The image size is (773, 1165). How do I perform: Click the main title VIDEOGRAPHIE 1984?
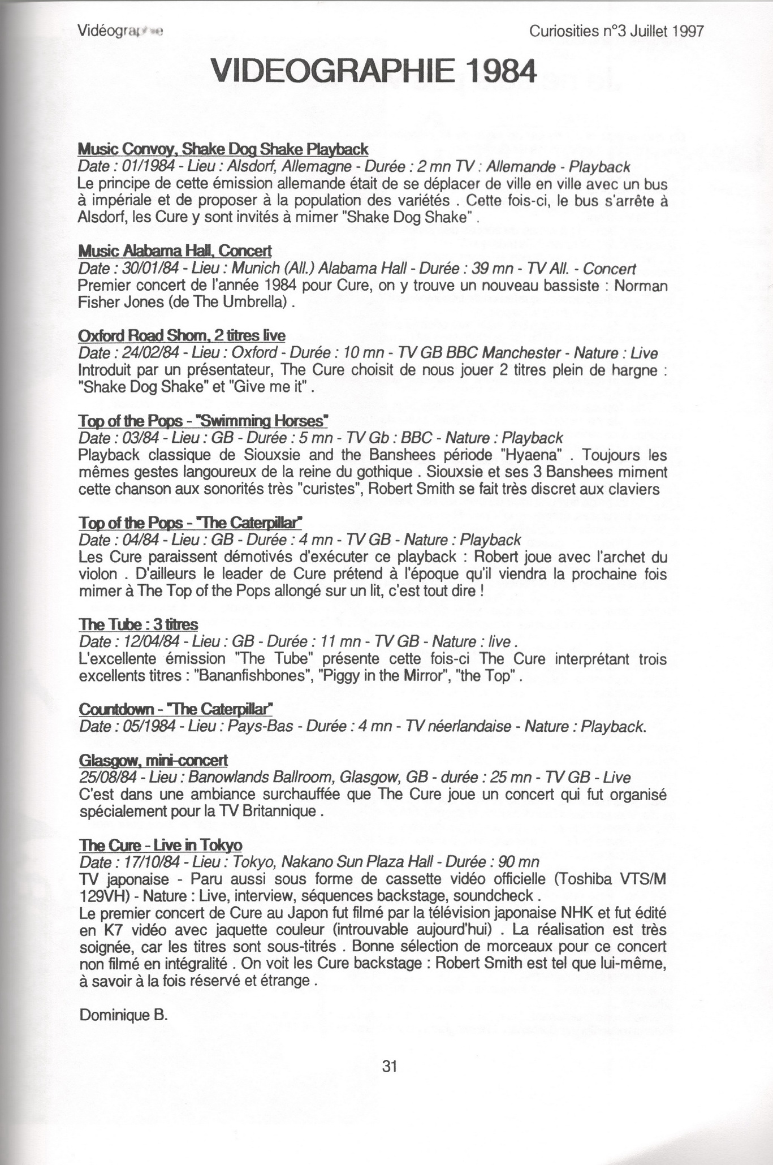click(372, 73)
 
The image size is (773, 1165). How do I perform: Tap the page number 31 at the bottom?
click(390, 1066)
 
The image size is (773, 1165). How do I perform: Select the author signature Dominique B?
click(124, 1015)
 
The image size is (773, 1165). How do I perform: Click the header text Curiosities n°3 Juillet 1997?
click(616, 32)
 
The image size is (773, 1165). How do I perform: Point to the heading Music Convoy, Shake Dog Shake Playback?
click(223, 149)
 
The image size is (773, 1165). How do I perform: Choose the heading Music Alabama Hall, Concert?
click(175, 251)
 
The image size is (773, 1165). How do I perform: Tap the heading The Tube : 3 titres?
click(139, 624)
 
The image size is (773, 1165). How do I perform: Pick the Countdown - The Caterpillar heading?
click(176, 709)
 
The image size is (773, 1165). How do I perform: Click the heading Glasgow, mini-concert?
click(153, 760)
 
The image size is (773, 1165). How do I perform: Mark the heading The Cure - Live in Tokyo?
click(161, 845)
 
